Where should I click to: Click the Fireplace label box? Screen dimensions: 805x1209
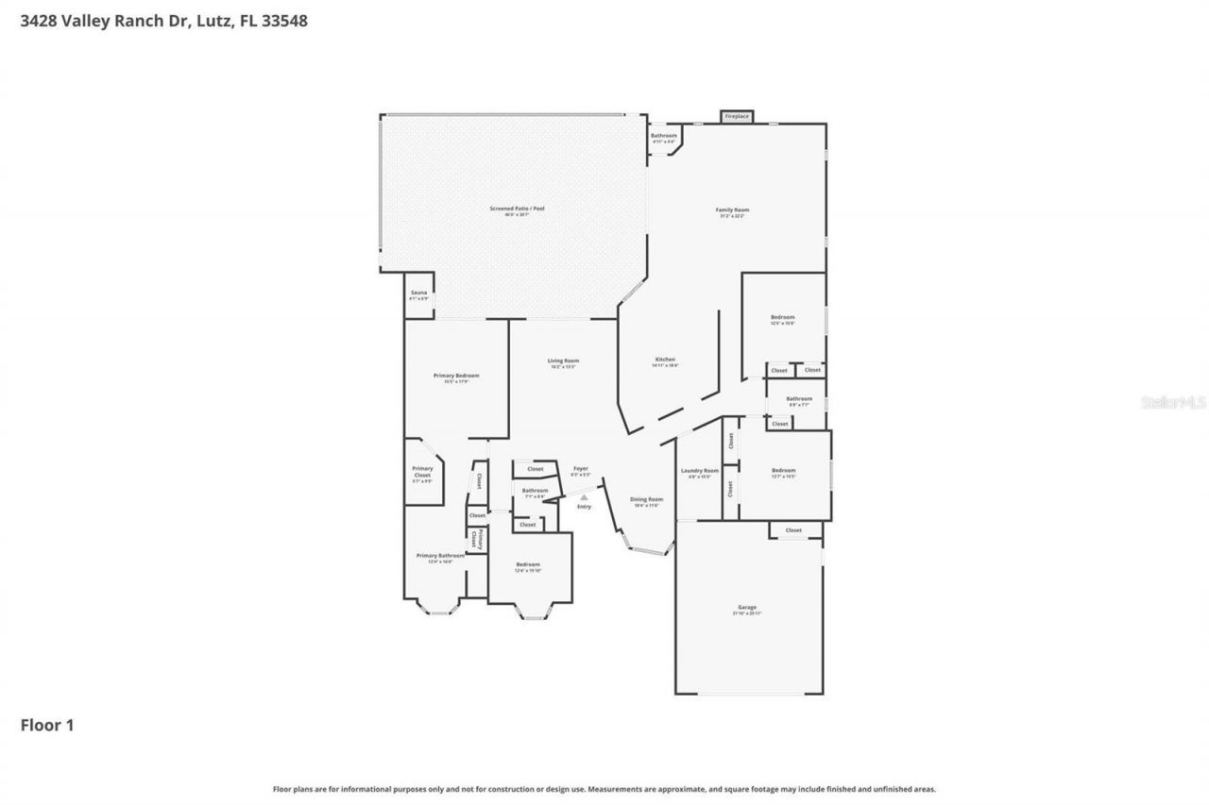[x=737, y=116]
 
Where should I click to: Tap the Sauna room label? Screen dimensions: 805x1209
[x=418, y=294]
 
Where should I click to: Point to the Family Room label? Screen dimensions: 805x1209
[x=732, y=212]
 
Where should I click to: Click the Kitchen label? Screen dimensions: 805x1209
[x=665, y=361]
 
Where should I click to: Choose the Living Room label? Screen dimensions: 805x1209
[x=563, y=362]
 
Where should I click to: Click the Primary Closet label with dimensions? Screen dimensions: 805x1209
[x=422, y=474]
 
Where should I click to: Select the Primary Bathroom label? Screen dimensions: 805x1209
[x=440, y=558]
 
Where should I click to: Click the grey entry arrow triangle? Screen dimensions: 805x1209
[x=584, y=496]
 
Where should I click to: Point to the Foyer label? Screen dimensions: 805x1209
[x=581, y=471]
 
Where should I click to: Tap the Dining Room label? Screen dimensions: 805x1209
[x=647, y=501]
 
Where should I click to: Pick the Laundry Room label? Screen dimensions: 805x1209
[x=700, y=473]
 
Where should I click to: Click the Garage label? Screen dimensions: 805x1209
[x=747, y=609]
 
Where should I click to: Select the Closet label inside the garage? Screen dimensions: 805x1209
[x=793, y=530]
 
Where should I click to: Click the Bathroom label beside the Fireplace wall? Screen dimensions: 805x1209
[x=664, y=137]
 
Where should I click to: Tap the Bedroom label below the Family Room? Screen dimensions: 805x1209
[x=782, y=320]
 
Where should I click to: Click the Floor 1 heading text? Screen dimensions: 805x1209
[x=47, y=725]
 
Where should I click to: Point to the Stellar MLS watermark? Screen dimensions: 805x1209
[x=1173, y=402]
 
